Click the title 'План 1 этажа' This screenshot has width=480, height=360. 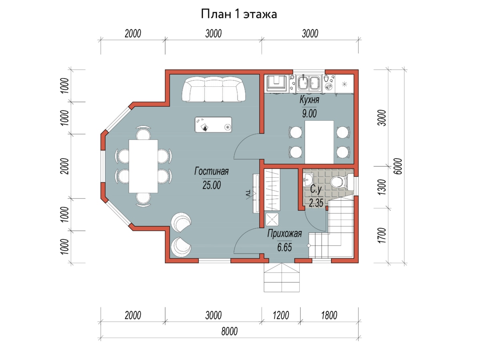[x=239, y=14]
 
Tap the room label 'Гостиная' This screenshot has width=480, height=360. [x=212, y=171]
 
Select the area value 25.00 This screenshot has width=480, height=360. [x=212, y=185]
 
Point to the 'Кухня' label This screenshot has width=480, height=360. [x=309, y=100]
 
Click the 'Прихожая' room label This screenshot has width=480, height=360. [x=284, y=234]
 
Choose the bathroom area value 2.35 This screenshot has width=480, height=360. [x=316, y=203]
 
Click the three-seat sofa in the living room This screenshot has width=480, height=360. [x=214, y=89]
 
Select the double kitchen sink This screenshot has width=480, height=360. [x=309, y=84]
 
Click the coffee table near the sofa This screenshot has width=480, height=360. [x=213, y=124]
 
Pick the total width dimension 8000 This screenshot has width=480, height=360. [x=229, y=331]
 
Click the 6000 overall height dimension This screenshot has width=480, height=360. [x=398, y=166]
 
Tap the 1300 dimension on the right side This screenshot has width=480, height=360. [x=382, y=187]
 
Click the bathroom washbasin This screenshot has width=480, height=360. [x=308, y=180]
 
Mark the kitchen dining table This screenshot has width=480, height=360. [x=319, y=142]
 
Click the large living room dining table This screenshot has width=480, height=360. [x=143, y=166]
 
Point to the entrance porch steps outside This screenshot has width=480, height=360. [x=282, y=277]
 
